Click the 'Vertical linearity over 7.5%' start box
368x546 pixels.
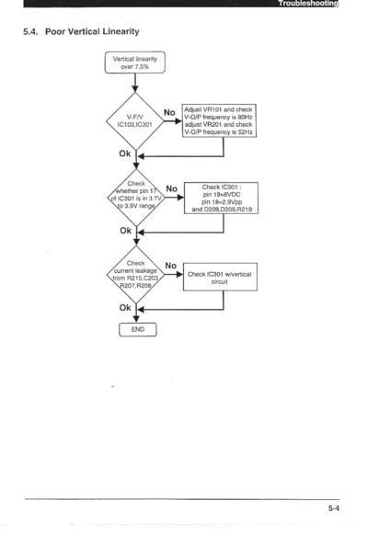(135, 63)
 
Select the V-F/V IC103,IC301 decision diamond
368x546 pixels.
(135, 121)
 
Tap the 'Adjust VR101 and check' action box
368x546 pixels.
(219, 120)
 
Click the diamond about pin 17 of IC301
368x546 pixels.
(136, 198)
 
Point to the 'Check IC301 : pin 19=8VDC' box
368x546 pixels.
(222, 198)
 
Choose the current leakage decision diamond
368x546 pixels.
(136, 275)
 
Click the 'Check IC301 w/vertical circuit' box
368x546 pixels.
(220, 277)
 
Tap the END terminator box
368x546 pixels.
(138, 329)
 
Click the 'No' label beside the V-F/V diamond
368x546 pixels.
(169, 112)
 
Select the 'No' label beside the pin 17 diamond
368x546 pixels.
(171, 188)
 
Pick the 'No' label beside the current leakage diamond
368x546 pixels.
(171, 266)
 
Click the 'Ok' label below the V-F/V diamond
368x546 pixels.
(125, 154)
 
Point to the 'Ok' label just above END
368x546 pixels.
(125, 308)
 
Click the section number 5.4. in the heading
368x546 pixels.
(30, 31)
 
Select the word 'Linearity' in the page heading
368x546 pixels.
(121, 31)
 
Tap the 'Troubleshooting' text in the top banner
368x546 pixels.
(308, 4)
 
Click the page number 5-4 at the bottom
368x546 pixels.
(333, 508)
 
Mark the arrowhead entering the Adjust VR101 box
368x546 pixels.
(178, 121)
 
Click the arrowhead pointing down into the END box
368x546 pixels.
(136, 319)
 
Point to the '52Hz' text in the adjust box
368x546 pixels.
(246, 132)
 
